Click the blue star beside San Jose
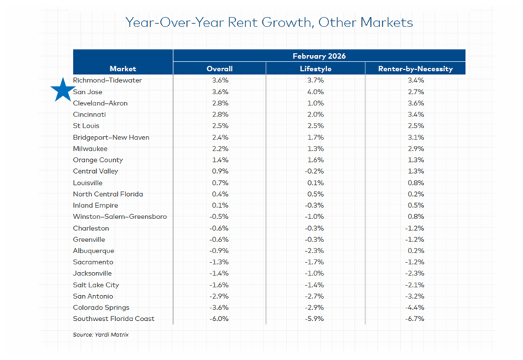[61, 91]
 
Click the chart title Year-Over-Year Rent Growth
[268, 22]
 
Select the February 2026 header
[319, 56]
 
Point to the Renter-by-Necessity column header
[415, 69]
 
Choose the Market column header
[123, 69]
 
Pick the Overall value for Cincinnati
[220, 115]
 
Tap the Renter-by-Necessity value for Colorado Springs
[415, 308]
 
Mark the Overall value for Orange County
[220, 160]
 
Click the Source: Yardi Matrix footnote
[100, 335]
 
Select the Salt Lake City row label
[96, 285]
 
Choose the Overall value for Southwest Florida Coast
[220, 319]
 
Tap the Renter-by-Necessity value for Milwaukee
[415, 149]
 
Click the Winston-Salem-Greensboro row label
[119, 216]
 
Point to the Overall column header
[220, 69]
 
